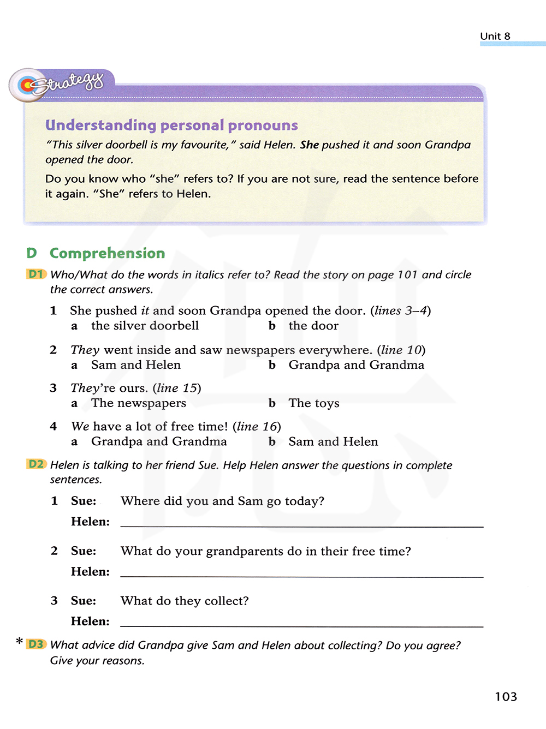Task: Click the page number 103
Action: [506, 697]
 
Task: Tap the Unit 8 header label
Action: [495, 36]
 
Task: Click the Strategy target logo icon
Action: [27, 85]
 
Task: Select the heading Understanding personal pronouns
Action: [171, 125]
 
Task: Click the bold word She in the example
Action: [309, 145]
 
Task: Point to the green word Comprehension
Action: [107, 253]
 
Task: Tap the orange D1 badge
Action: [36, 274]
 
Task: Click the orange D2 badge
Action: [36, 464]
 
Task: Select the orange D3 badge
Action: [36, 644]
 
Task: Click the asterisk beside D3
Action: [20, 641]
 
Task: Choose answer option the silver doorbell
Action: [145, 326]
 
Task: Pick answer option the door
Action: [313, 326]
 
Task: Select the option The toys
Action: [314, 403]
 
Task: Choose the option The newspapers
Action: [139, 403]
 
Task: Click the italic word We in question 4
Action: [80, 426]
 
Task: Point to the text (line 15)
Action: [176, 388]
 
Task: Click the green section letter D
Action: [32, 253]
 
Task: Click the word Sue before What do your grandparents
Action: [83, 551]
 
